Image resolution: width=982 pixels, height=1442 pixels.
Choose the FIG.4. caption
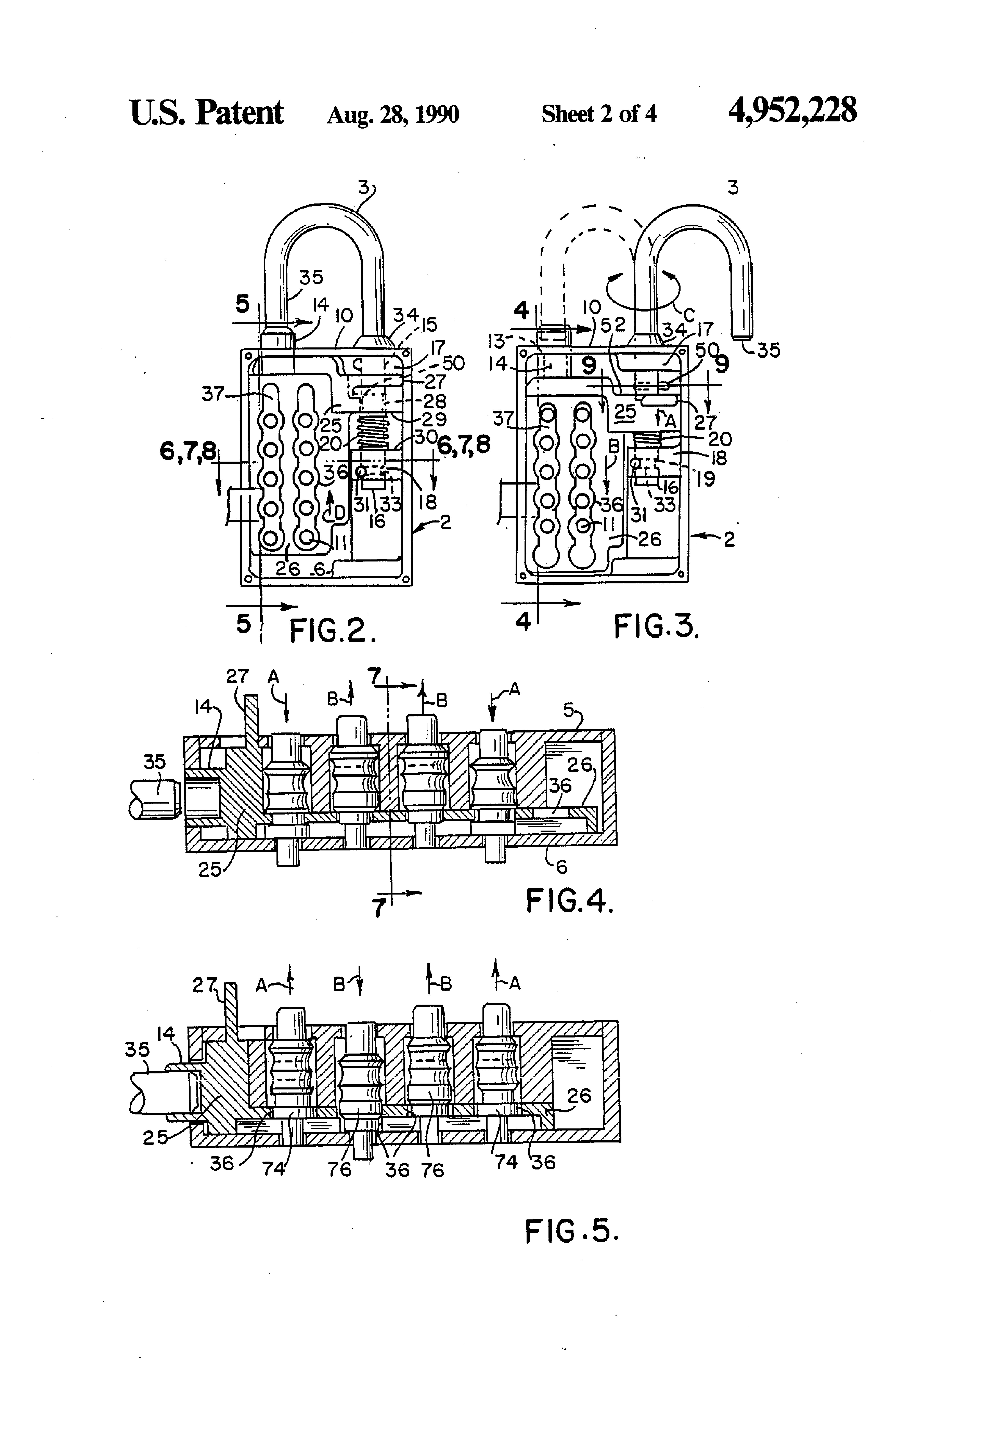[569, 900]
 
